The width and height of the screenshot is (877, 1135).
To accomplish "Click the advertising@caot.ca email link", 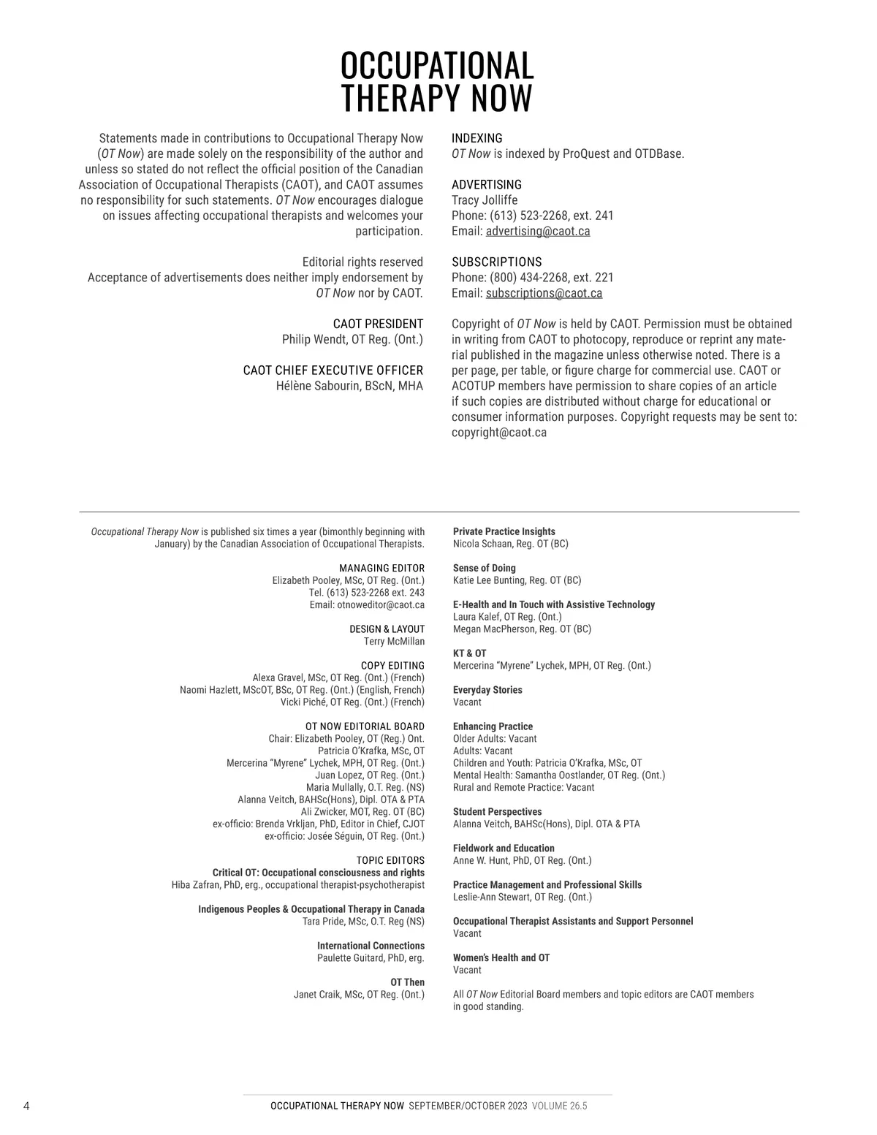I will point(538,231).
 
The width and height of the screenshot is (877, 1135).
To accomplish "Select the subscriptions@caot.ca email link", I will point(544,293).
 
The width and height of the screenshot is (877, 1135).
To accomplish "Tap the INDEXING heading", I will point(477,138).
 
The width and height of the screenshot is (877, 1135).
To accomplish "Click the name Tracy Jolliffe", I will point(484,200).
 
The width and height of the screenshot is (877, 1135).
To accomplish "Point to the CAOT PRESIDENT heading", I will point(378,324).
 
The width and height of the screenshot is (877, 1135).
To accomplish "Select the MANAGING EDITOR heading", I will point(381,568).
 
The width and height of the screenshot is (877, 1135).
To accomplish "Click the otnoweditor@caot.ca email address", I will point(380,604).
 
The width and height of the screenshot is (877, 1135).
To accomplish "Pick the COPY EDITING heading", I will point(392,665).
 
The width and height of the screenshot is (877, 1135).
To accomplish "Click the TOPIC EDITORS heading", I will point(390,860).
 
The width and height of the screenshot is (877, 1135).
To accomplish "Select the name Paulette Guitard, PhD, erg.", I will point(371,957).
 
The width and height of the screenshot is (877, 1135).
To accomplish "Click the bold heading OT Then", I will point(407,982).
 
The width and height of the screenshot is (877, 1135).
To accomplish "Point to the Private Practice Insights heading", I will point(504,531).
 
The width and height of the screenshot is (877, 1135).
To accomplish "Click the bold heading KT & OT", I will point(469,653).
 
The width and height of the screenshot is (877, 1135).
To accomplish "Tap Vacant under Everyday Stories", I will point(467,702).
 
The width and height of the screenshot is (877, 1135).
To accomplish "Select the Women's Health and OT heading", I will point(501,957).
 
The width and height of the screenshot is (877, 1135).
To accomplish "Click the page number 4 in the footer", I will point(26,1106).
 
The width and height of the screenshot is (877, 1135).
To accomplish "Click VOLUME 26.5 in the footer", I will point(559,1106).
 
